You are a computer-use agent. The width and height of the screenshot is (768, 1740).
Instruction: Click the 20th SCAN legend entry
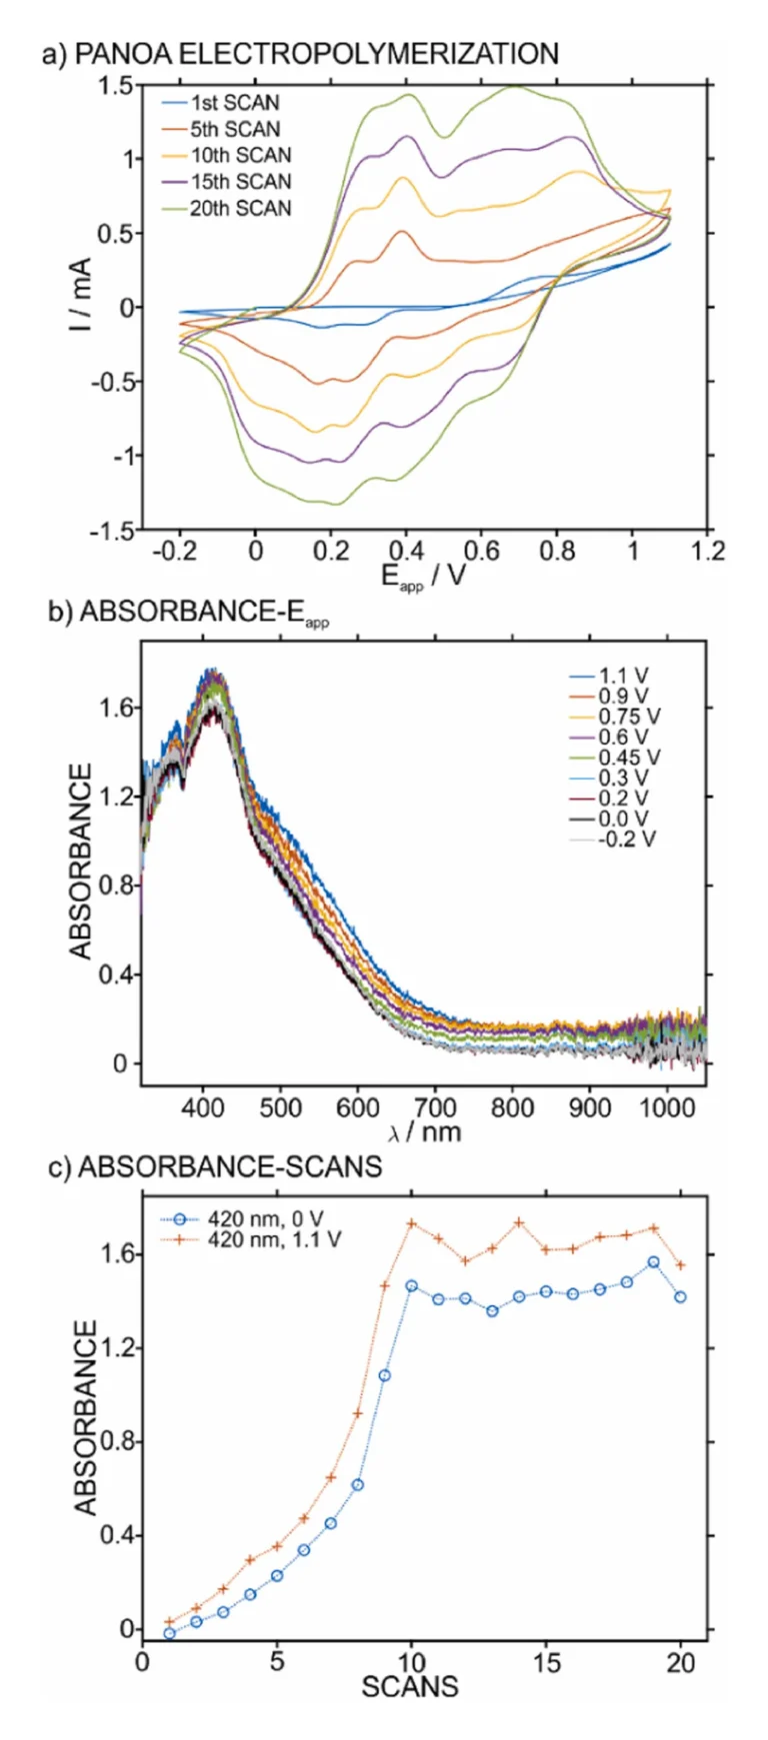(x=240, y=208)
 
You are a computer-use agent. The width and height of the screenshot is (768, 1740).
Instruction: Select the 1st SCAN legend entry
(x=235, y=103)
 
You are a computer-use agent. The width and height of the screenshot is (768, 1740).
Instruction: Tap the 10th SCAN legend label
(x=240, y=155)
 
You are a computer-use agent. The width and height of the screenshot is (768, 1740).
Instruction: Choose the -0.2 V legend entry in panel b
(x=626, y=839)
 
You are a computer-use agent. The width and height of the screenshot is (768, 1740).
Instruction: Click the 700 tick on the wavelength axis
(x=435, y=1107)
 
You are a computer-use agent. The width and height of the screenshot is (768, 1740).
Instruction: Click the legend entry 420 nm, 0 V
(x=265, y=1218)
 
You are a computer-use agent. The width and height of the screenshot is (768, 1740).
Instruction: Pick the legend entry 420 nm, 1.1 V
(x=274, y=1239)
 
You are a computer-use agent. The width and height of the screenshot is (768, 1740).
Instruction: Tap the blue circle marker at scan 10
(x=411, y=1286)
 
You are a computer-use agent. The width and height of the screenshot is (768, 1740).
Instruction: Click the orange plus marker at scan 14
(x=519, y=1222)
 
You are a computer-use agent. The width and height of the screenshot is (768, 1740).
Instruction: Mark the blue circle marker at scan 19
(x=654, y=1262)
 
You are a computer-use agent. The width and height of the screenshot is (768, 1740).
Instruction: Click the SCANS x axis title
(x=410, y=1687)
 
